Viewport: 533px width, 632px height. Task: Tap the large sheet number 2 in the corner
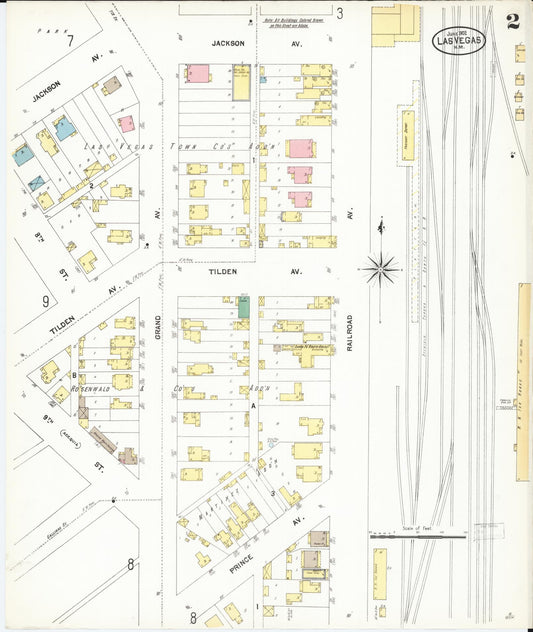(x=513, y=22)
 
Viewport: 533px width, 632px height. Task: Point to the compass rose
(x=382, y=267)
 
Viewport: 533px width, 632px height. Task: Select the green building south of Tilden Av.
(x=244, y=306)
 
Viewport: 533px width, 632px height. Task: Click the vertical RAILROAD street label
(x=351, y=329)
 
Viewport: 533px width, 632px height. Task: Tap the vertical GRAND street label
(x=158, y=331)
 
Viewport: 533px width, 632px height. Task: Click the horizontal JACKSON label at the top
(x=229, y=44)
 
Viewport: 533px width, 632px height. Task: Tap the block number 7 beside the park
(x=69, y=41)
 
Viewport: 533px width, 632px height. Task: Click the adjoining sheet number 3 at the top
(x=339, y=13)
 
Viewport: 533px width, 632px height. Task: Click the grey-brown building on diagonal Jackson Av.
(x=112, y=85)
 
